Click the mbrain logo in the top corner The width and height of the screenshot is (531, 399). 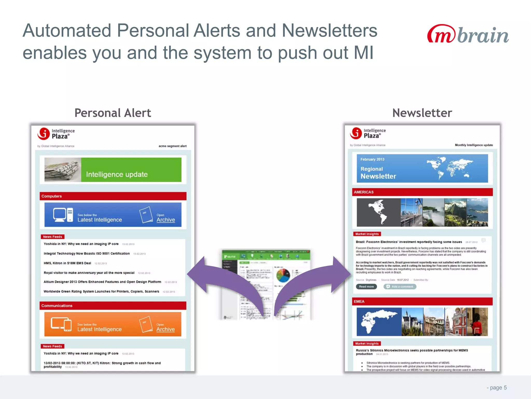coord(467,34)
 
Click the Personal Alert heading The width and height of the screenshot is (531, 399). coord(113,113)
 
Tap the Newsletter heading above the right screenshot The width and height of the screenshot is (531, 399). coord(422,113)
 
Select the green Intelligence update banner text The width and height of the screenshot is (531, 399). coord(117,174)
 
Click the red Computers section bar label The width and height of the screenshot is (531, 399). coord(52,196)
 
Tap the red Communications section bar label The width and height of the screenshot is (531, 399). coord(57,306)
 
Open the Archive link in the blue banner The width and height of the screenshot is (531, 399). coord(166,220)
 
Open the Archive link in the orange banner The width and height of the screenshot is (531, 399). coord(165,329)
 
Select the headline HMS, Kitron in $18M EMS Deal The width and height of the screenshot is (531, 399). coord(67,263)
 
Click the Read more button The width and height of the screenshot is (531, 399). coord(366,287)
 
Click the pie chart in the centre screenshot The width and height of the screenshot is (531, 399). coord(283,275)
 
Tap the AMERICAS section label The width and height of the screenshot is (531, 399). coord(364,192)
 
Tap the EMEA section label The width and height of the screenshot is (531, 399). coord(359,302)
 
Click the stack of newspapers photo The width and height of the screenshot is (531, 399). coord(62,170)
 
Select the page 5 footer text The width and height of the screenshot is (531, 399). coord(497,388)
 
